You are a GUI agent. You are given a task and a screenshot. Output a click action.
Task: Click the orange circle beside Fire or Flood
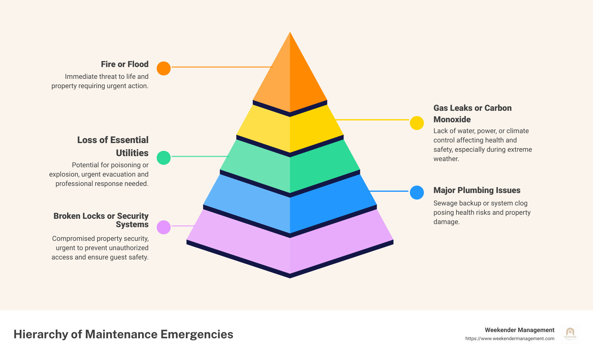click(x=164, y=68)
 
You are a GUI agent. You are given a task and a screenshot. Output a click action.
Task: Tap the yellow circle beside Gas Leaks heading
click(x=417, y=123)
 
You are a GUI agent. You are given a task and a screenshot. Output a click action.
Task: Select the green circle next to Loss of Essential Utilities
click(x=164, y=158)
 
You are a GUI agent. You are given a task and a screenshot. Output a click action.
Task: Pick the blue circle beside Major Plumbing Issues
click(x=417, y=192)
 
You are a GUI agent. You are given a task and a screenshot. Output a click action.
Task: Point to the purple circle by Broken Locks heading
click(x=164, y=227)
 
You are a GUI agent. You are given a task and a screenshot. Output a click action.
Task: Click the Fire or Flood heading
click(x=125, y=64)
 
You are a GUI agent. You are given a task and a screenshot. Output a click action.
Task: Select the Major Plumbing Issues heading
click(x=477, y=190)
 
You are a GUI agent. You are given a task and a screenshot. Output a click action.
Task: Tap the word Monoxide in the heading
click(x=452, y=119)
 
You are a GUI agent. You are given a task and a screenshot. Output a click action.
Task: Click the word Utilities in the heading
click(x=132, y=153)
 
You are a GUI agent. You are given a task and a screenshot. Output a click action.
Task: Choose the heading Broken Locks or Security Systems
click(x=101, y=220)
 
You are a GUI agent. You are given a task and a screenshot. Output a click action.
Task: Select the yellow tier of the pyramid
click(x=290, y=129)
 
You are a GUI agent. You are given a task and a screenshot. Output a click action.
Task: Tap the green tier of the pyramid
click(x=290, y=168)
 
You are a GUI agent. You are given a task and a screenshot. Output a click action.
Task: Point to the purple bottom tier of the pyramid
click(x=290, y=248)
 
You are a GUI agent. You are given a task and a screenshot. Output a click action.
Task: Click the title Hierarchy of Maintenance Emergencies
click(x=123, y=334)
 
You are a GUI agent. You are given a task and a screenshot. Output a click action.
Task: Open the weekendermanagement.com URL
click(x=510, y=339)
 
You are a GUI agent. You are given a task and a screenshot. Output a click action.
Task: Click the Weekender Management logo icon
click(x=570, y=334)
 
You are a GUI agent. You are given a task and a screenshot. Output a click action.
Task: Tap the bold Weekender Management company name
click(x=519, y=330)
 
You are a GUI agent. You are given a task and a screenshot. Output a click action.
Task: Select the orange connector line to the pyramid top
click(x=222, y=67)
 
